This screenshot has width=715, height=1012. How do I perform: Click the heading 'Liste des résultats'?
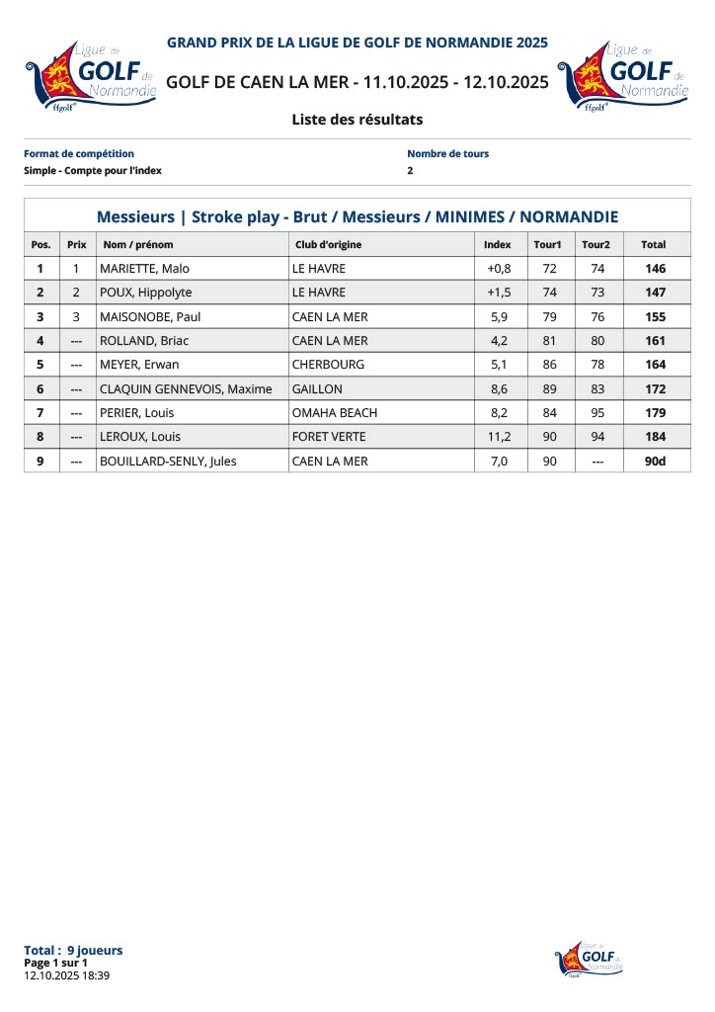tap(357, 120)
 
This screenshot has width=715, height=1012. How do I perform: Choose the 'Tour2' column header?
tap(596, 244)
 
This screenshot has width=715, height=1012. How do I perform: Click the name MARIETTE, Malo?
tap(144, 269)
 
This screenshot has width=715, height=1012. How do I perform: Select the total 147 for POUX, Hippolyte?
tap(654, 293)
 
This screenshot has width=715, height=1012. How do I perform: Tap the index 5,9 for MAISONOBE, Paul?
tap(499, 317)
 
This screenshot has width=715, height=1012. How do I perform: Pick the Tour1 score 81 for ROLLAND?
tap(550, 341)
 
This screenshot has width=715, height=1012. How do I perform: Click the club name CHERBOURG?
tap(328, 365)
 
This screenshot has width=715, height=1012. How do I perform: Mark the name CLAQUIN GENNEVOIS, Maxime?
tap(186, 389)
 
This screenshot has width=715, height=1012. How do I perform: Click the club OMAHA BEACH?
tap(335, 413)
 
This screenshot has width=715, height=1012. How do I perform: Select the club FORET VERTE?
tap(329, 437)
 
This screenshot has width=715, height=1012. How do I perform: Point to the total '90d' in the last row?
tap(654, 461)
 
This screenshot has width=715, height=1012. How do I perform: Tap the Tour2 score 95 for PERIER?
tap(597, 413)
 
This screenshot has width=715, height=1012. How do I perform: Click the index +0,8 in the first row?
tap(499, 269)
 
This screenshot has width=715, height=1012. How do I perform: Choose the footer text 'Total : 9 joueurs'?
tap(73, 951)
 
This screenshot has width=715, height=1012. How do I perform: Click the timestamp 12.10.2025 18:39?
tap(66, 975)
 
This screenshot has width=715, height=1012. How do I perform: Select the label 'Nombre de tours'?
tap(447, 154)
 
